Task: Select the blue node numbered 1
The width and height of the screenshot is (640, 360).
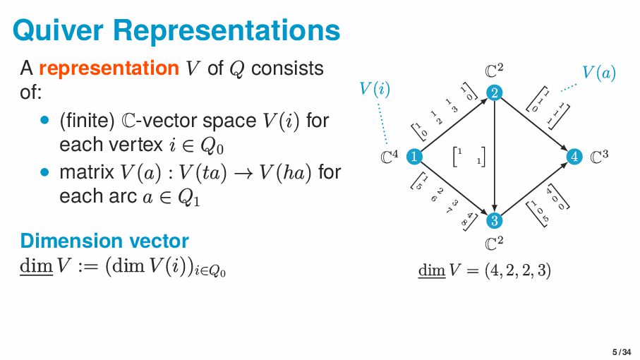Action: click(x=414, y=157)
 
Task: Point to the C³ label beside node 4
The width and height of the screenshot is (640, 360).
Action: click(x=599, y=156)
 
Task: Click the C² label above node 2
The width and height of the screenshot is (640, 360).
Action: click(x=495, y=71)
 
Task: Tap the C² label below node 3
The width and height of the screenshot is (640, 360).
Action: click(x=495, y=244)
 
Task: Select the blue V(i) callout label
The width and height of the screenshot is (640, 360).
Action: click(x=375, y=90)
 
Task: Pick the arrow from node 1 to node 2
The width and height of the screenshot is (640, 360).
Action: click(x=454, y=125)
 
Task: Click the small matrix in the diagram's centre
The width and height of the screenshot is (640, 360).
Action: click(x=471, y=157)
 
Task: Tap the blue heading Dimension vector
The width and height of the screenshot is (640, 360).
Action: click(x=104, y=241)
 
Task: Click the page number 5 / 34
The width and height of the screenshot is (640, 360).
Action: click(x=621, y=352)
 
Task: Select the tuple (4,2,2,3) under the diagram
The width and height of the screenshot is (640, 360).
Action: click(x=517, y=270)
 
